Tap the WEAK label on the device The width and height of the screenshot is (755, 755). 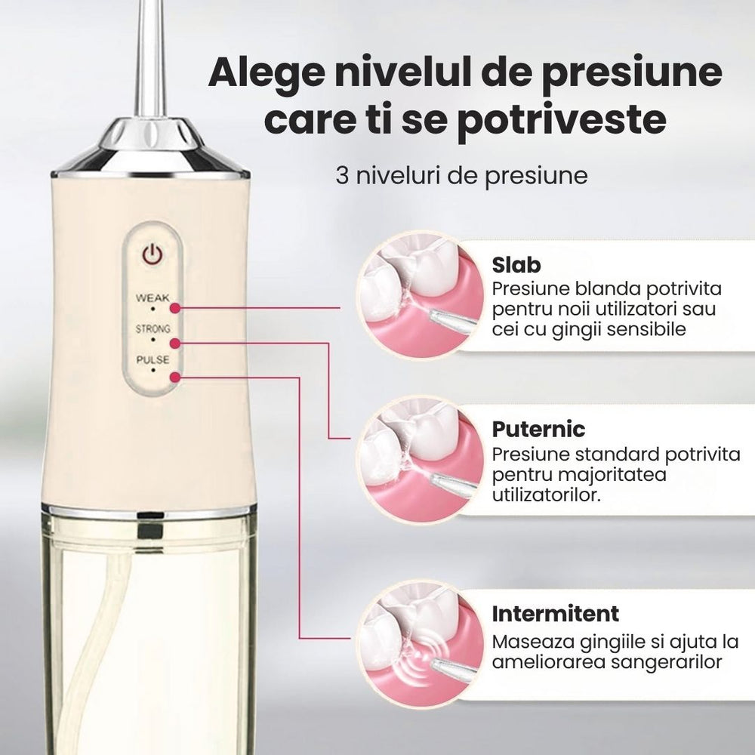pos(152,297)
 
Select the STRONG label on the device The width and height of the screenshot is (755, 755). pos(152,329)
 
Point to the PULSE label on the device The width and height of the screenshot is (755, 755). pos(152,360)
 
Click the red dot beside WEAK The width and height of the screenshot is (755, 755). pos(175,308)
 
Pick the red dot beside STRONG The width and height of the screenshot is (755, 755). pos(175,343)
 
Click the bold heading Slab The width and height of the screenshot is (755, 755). pos(516,266)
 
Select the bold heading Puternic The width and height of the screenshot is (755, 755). pos(538,430)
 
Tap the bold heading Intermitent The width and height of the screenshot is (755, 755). pos(555,613)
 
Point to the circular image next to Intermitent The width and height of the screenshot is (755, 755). pos(418,640)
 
